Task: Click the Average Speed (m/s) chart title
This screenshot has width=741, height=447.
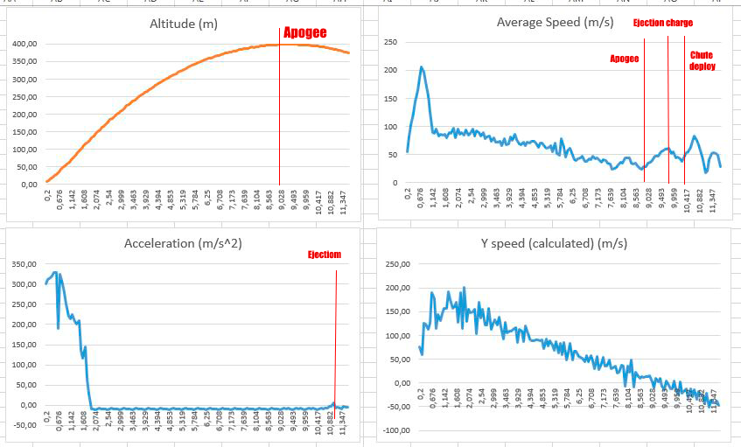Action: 555,22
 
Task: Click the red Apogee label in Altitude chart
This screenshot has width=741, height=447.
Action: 304,32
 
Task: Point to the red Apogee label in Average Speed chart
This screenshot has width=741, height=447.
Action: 624,59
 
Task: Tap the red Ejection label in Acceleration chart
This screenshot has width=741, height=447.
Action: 324,255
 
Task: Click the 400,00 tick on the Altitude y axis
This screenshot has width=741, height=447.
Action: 24,44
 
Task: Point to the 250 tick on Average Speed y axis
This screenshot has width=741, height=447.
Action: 392,42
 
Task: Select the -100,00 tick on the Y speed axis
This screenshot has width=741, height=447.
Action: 396,430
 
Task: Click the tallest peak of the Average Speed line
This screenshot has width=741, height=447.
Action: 422,67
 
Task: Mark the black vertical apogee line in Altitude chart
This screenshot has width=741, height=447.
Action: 280,114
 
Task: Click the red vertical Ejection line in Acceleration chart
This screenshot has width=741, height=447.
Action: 336,350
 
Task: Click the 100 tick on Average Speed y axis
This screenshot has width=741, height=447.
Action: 392,127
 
